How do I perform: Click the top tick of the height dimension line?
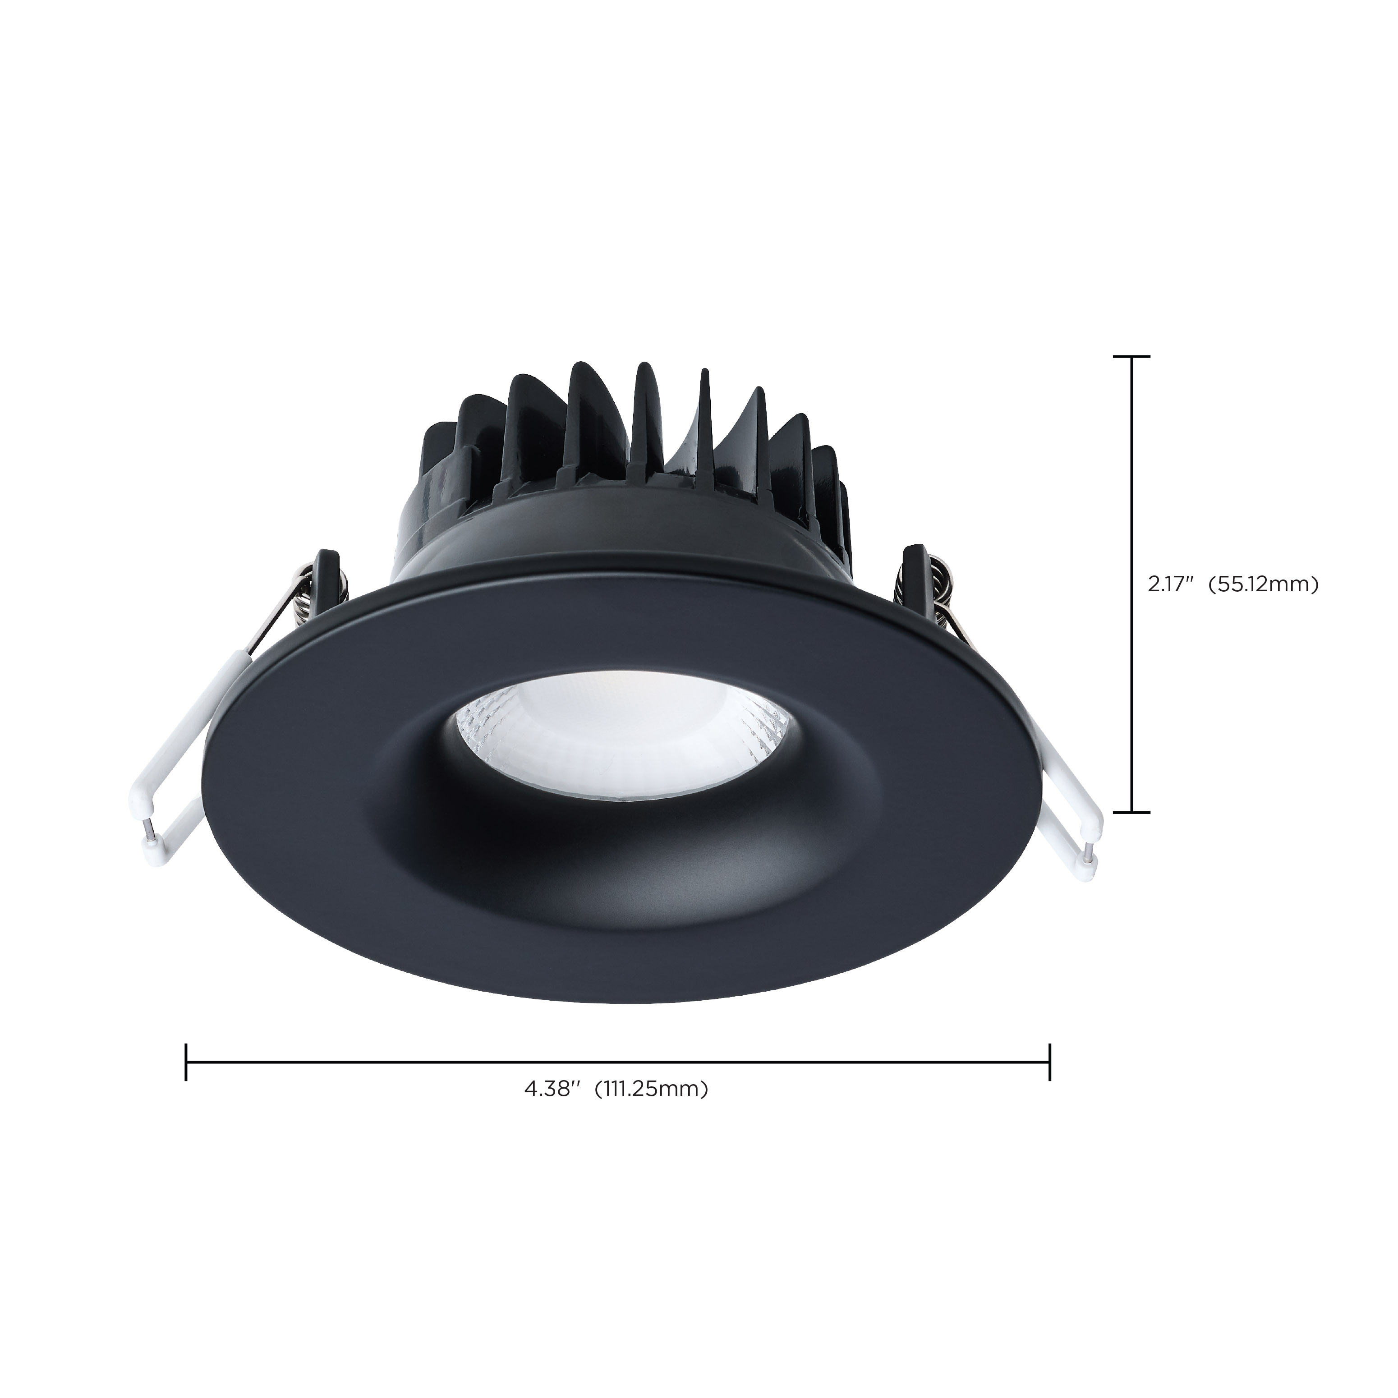[1131, 357]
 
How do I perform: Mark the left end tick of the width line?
[187, 1062]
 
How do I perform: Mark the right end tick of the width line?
[1049, 1062]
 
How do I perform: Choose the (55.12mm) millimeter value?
[1266, 584]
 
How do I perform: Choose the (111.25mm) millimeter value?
[650, 1109]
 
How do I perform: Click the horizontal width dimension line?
[615, 1062]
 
